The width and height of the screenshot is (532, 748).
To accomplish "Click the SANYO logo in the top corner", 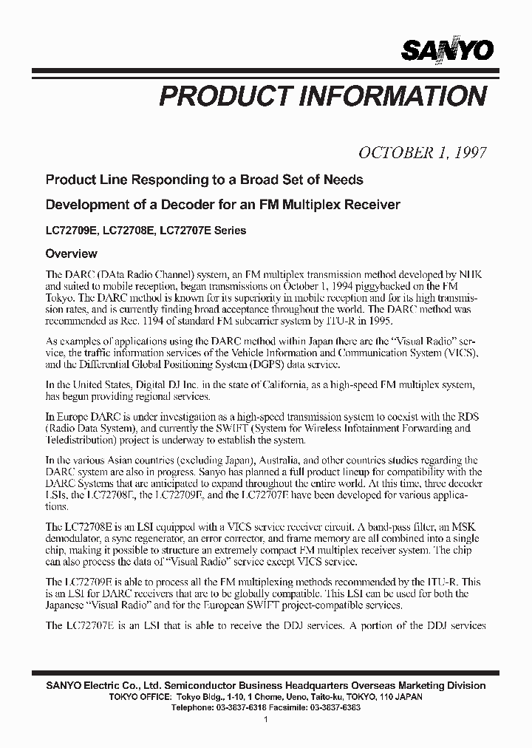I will coord(448,50).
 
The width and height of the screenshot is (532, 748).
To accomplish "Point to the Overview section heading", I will coord(72,254).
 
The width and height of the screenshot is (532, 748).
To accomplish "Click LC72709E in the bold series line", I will coord(71,230).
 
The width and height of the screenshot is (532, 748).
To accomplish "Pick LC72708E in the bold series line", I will coord(128,230).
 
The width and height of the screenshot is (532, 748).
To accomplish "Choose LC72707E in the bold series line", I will coord(185,230).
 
